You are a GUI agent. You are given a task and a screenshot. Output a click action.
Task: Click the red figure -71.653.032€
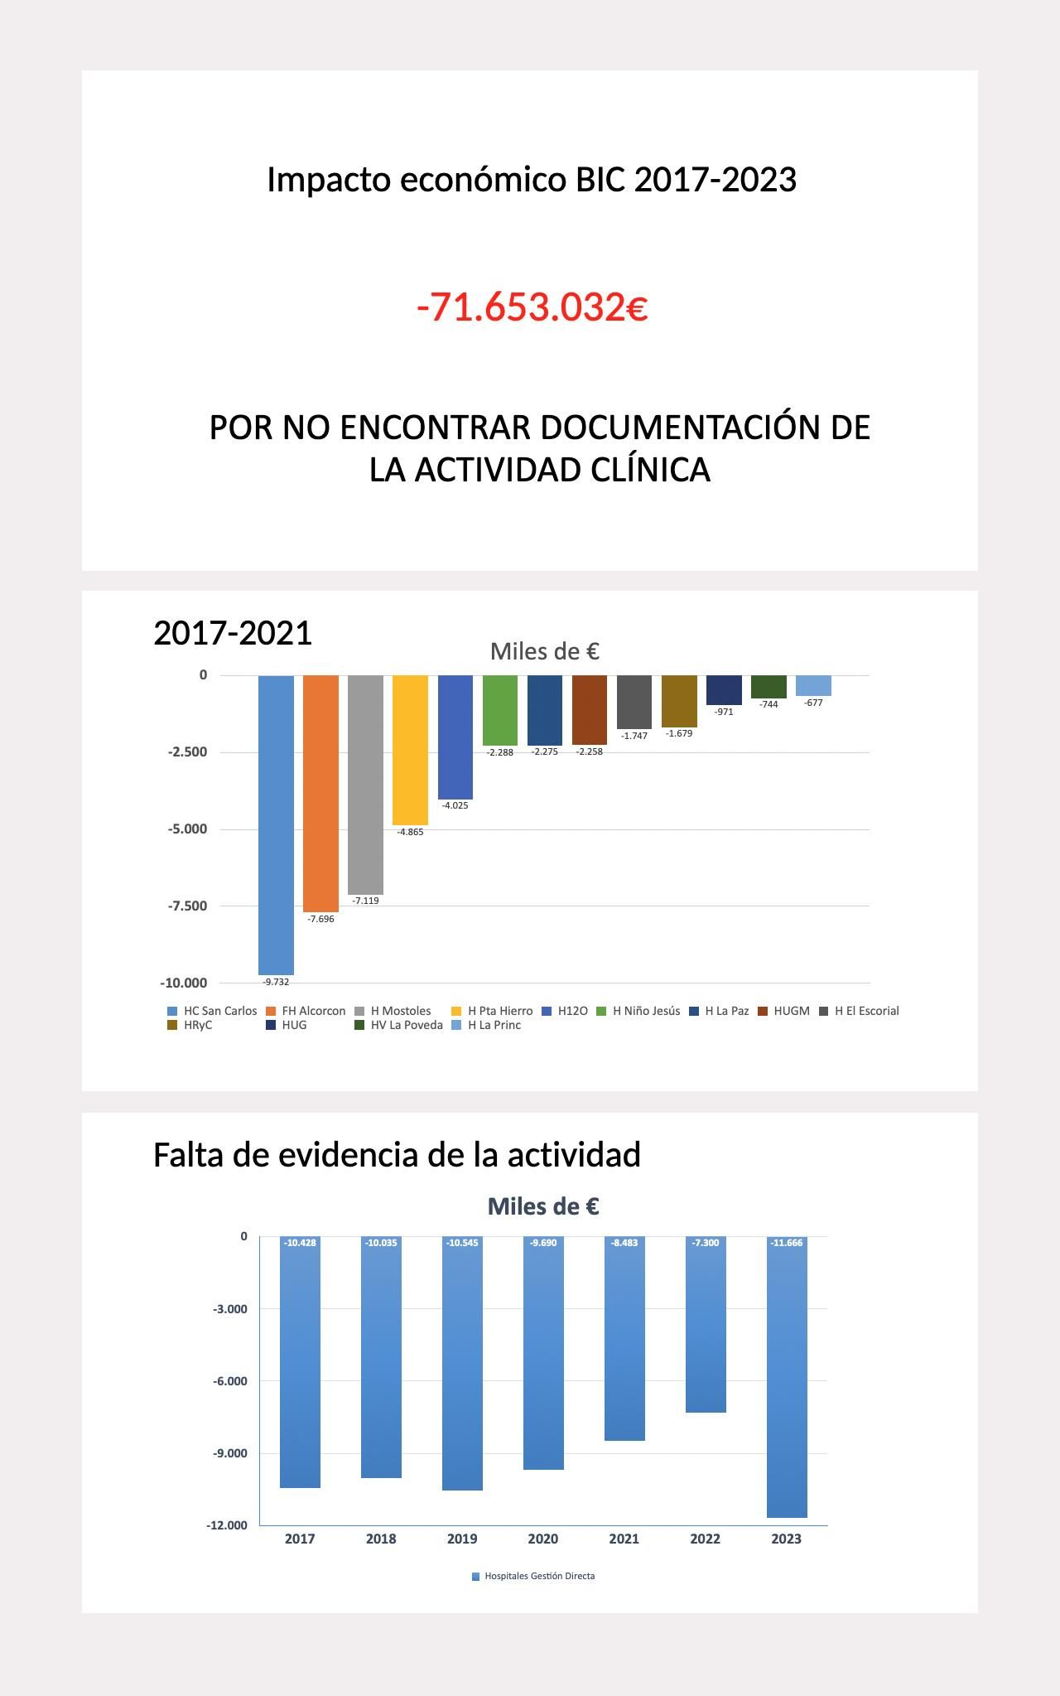[532, 307]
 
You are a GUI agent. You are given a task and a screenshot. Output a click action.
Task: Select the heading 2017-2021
[233, 633]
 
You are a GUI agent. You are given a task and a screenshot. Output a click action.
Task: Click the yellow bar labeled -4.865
[410, 750]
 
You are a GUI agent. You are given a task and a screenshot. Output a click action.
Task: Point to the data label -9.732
[276, 982]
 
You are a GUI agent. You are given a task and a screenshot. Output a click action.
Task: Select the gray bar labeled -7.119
[365, 784]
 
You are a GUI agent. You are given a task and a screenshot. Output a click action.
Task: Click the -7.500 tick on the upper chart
[187, 906]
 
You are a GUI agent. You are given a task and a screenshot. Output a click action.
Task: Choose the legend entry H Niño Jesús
[646, 1011]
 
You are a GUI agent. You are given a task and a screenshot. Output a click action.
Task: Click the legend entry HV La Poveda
[406, 1025]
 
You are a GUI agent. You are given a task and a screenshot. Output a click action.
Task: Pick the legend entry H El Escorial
[866, 1011]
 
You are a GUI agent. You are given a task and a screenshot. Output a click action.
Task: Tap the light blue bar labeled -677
[813, 685]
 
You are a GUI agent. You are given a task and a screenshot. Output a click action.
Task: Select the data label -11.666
[787, 1243]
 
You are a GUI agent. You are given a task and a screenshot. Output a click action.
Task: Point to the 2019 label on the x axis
[462, 1539]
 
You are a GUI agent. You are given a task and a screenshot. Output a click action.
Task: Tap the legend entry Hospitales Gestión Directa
[539, 1576]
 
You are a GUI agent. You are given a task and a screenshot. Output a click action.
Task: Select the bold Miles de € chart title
[543, 1206]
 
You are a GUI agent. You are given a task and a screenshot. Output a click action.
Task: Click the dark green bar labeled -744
[768, 686]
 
